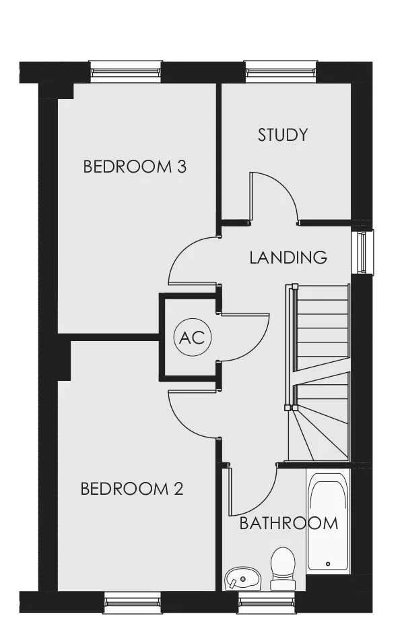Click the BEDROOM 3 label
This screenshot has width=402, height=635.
(135, 167)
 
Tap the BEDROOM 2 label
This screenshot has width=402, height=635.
(132, 489)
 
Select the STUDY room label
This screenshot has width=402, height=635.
(283, 135)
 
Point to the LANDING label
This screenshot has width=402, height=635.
(288, 258)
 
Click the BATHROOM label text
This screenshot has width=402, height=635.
(289, 523)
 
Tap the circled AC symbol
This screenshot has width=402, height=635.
(192, 337)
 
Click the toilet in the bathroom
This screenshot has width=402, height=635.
(283, 568)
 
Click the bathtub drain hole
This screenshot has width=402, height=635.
(327, 564)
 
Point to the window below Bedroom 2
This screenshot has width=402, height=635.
(132, 602)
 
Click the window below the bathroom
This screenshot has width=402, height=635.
(267, 602)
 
